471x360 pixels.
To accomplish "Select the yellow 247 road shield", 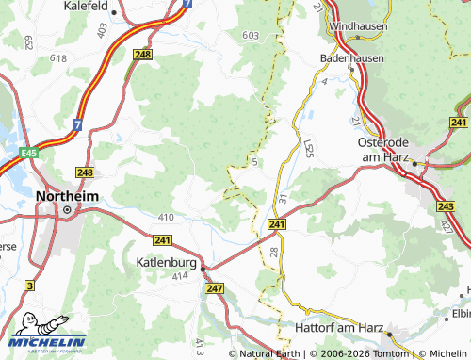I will click(214, 289).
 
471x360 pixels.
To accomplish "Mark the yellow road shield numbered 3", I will click(30, 285).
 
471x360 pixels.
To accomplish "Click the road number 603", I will click(250, 35).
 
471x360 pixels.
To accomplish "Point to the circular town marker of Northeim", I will click(67, 209).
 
